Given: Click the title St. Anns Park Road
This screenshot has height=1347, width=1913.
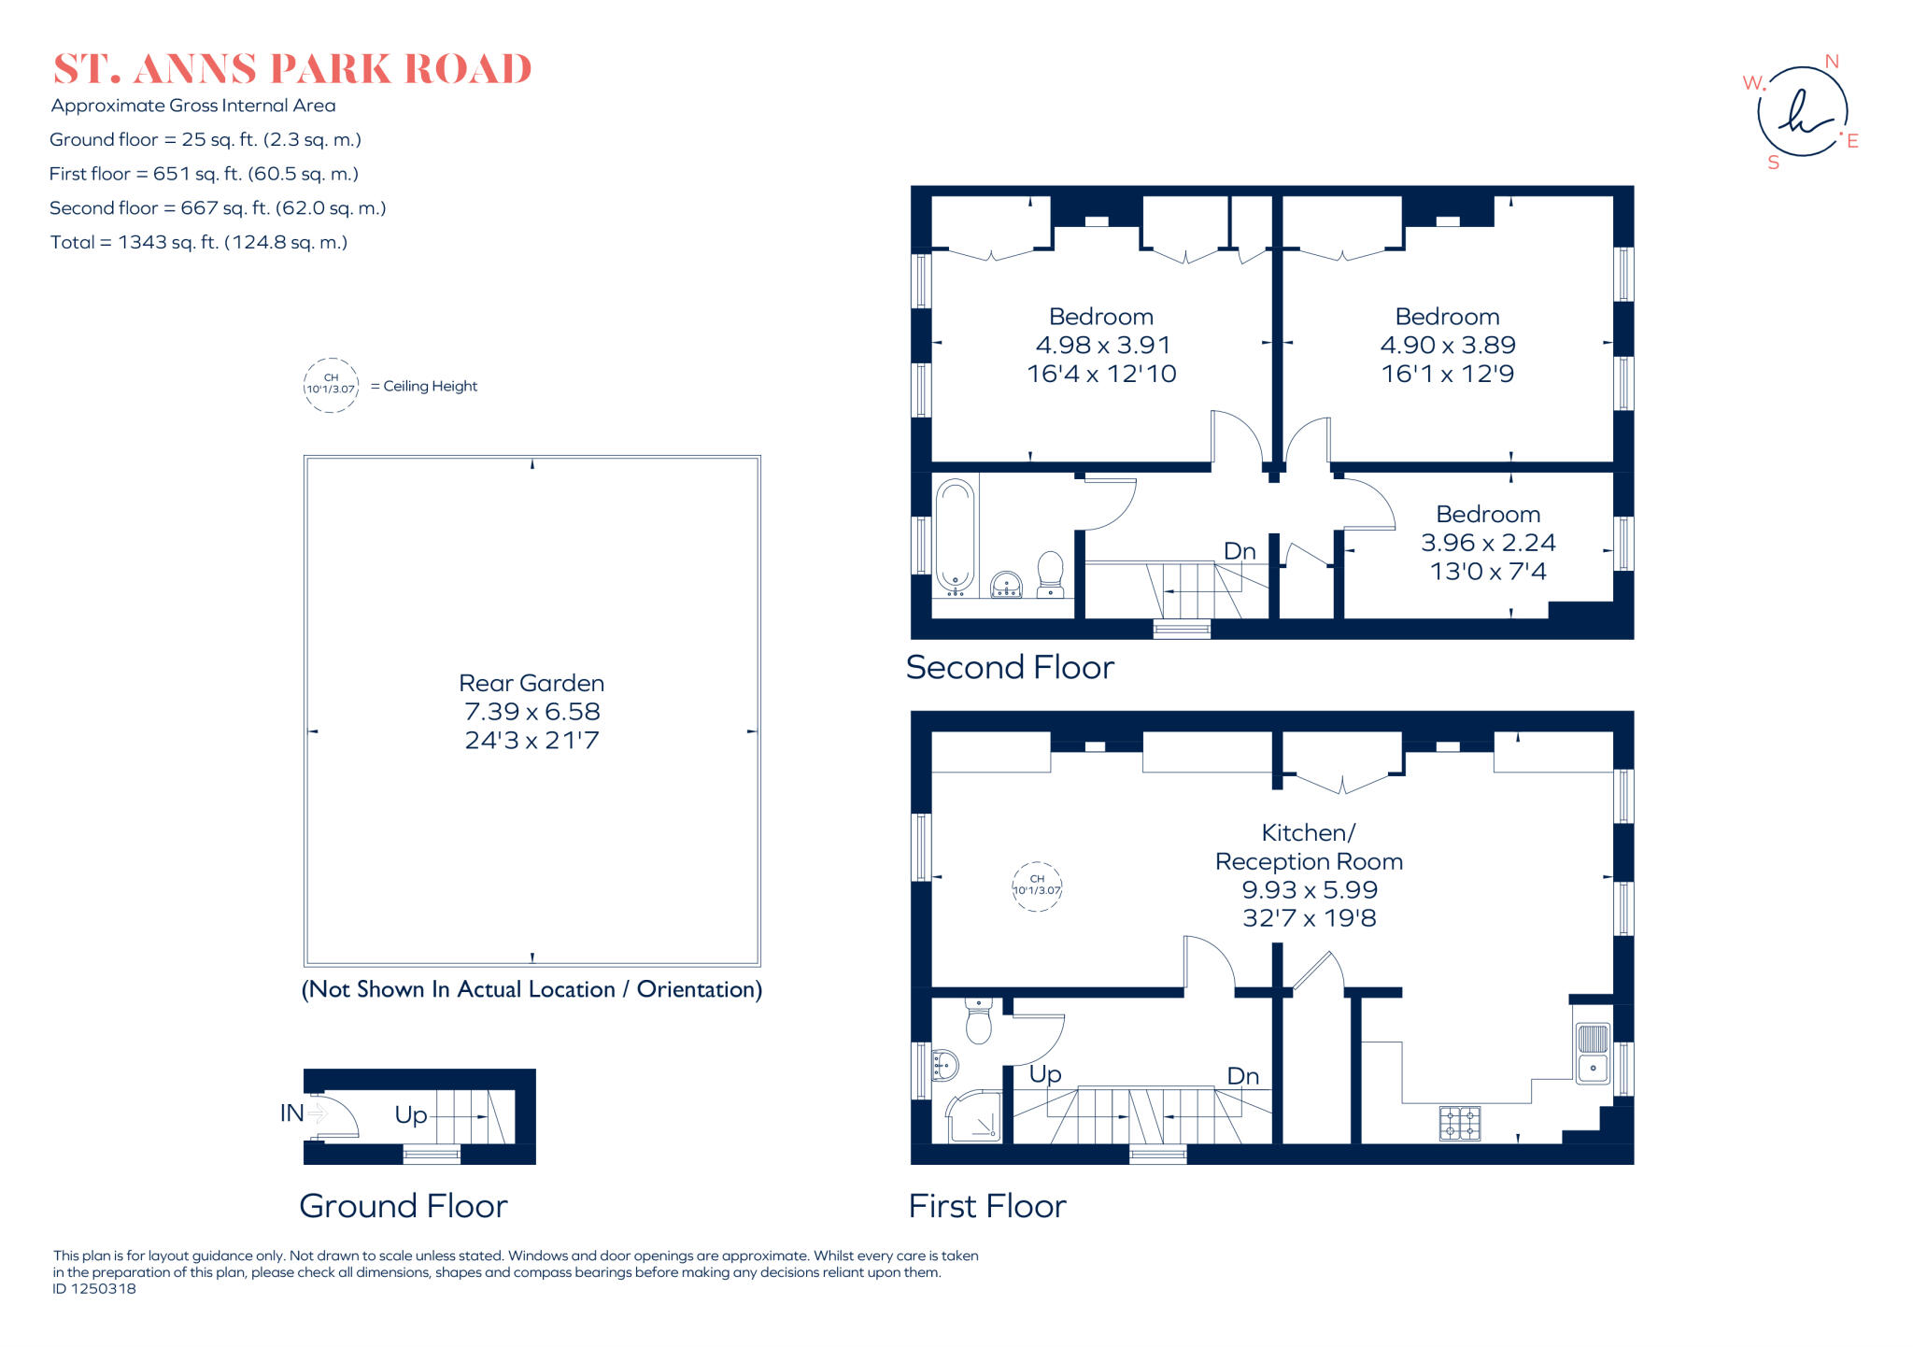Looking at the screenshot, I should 292,69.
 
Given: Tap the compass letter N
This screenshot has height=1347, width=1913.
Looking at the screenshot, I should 1832,62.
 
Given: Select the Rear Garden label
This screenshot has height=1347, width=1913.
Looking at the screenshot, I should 531,683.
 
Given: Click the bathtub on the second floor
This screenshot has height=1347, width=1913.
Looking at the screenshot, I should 955,536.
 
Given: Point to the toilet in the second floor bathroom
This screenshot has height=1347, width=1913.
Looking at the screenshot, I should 1051,573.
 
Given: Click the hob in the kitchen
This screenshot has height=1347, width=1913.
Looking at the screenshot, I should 1460,1123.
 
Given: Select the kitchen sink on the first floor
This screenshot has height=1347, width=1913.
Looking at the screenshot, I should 1593,1053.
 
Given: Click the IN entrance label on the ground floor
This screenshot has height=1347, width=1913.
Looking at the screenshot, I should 292,1113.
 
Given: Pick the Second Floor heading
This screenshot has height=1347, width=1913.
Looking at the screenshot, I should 1010,668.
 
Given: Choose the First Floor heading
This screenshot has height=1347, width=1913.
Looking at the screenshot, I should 987,1207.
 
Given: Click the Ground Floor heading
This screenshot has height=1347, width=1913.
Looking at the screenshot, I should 404,1207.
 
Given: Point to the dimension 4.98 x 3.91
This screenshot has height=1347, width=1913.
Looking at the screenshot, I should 1102,346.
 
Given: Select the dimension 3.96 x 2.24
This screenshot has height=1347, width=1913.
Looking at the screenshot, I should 1488,543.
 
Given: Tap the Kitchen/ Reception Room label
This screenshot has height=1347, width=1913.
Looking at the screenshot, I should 1309,847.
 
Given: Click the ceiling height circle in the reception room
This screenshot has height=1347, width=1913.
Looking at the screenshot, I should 1037,886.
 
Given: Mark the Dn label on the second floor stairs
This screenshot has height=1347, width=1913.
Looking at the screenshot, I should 1240,551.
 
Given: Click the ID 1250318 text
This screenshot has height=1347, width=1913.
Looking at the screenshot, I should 94,1289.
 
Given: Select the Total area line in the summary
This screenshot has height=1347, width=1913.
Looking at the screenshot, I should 199,243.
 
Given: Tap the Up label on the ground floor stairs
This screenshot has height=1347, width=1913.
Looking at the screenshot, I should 411,1115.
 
